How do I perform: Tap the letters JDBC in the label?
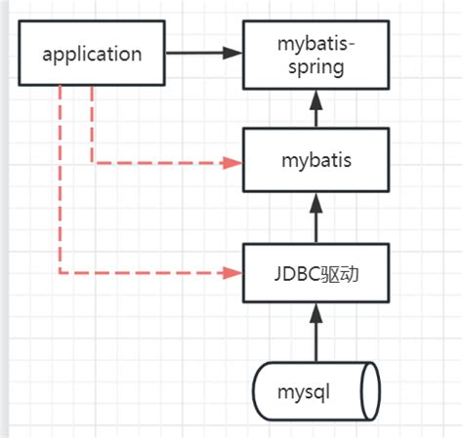[x=298, y=272]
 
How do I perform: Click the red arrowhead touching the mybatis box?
[x=233, y=162]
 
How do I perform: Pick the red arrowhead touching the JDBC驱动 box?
[x=233, y=272]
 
